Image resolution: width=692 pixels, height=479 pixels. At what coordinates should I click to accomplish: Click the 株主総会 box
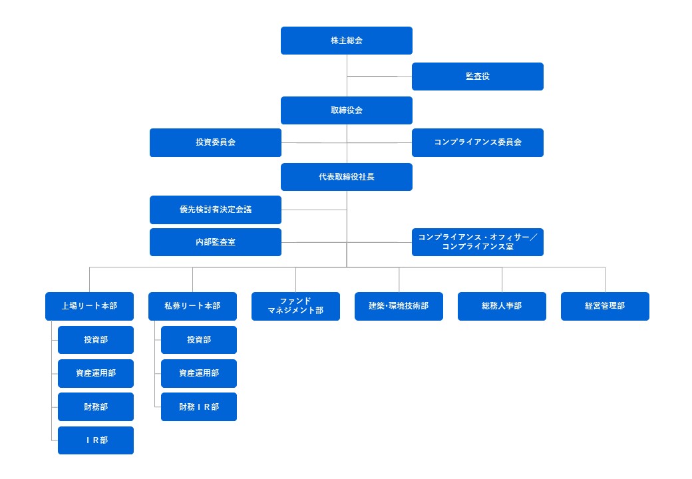[x=347, y=41]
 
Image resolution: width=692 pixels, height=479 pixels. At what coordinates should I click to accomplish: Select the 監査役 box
[x=478, y=77]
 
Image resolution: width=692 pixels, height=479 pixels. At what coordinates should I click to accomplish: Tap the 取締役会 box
[x=347, y=110]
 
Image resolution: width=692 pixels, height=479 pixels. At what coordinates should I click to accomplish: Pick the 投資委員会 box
[x=216, y=142]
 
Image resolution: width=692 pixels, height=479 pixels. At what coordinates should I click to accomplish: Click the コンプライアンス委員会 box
[x=478, y=142]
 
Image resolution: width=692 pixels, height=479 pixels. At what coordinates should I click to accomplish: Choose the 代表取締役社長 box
[x=347, y=177]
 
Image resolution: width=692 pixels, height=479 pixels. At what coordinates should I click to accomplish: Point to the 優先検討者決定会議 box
[x=216, y=210]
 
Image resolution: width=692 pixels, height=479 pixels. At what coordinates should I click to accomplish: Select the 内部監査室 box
[x=216, y=242]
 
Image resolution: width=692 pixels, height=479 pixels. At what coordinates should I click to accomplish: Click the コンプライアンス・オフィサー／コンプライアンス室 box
[x=478, y=242]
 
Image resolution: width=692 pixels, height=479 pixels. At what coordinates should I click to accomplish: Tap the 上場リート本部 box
[x=89, y=306]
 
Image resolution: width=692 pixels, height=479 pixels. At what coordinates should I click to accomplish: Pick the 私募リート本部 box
[x=192, y=306]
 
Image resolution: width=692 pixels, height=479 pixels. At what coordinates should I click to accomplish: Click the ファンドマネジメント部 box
[x=295, y=306]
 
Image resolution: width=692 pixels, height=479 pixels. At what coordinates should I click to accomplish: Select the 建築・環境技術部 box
[x=399, y=306]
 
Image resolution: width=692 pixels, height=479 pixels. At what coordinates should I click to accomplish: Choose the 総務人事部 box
[x=502, y=306]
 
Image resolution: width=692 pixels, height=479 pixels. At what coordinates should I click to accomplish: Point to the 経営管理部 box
[x=605, y=306]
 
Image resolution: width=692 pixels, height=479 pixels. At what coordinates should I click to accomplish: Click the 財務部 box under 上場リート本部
[x=96, y=406]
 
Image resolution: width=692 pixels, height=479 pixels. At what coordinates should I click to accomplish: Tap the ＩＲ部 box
[x=96, y=440]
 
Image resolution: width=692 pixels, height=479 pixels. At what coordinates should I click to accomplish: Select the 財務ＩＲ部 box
[x=199, y=406]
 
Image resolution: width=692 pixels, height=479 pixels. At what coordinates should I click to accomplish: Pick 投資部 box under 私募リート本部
[x=199, y=339]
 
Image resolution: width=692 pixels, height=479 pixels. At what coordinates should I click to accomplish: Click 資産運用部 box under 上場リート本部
[x=96, y=373]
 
